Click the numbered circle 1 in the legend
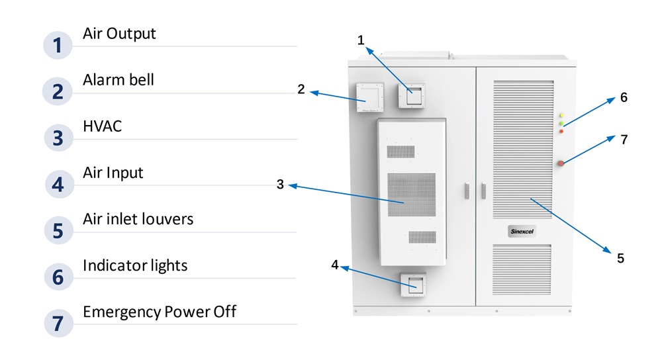58,46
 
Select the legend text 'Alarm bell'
118,80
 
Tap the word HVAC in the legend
102,126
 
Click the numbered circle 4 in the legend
58,184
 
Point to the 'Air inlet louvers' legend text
138,218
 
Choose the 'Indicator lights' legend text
135,265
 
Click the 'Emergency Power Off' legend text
159,311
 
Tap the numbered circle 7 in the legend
58,324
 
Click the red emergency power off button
561,163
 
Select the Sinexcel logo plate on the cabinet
522,231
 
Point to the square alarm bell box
368,97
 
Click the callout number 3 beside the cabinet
280,185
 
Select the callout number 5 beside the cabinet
620,258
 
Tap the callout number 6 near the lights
624,98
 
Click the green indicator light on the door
561,123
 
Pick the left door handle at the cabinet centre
467,190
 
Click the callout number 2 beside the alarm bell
301,89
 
